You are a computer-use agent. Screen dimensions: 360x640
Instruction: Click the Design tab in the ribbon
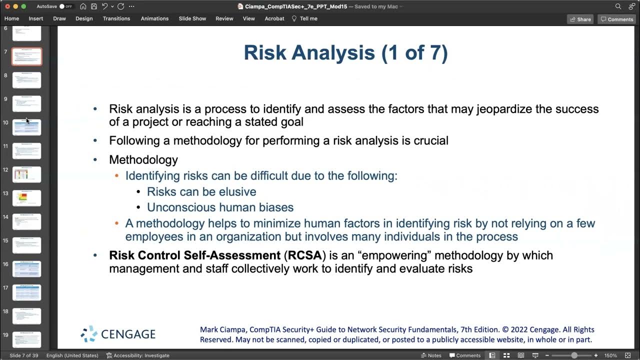point(84,18)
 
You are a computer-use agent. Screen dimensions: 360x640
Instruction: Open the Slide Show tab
point(192,18)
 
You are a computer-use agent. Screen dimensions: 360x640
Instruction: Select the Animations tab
point(154,18)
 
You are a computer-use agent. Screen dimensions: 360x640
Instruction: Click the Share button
point(580,19)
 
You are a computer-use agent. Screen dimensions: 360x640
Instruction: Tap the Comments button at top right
point(617,19)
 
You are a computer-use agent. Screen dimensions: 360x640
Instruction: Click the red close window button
point(7,6)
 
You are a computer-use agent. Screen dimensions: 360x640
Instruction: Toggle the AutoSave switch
point(65,6)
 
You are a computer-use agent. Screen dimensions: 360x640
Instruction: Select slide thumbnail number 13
point(26,198)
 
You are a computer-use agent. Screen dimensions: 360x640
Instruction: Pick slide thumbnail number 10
point(26,127)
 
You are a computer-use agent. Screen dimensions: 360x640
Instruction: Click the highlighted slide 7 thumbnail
point(26,56)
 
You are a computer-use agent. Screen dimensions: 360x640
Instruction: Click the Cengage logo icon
point(89,333)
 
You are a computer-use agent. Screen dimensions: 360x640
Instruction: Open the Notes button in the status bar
point(431,355)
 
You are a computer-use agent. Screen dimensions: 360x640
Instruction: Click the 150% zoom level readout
point(610,355)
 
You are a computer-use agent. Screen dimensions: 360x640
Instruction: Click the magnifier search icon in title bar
point(618,6)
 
